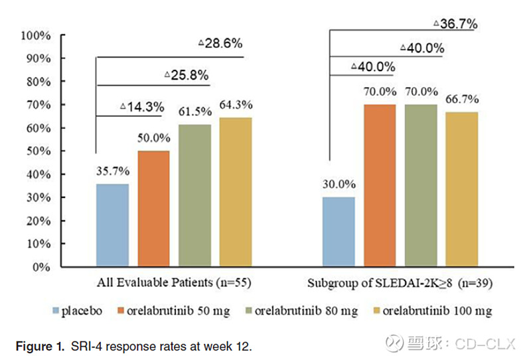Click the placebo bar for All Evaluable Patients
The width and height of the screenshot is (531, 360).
112,225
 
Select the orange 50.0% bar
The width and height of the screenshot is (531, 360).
153,209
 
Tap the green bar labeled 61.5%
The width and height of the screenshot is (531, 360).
194,195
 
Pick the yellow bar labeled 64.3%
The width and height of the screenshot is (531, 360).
236,192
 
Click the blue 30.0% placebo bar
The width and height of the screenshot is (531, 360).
339,232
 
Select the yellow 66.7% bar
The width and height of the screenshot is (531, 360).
461,189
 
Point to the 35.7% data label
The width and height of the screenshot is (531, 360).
112,171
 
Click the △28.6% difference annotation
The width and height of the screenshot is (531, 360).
220,44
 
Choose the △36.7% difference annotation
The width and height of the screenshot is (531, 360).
455,24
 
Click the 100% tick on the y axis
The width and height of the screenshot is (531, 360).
36,35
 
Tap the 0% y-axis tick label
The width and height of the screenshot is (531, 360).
41,267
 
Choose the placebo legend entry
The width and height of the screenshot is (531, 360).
80,310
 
